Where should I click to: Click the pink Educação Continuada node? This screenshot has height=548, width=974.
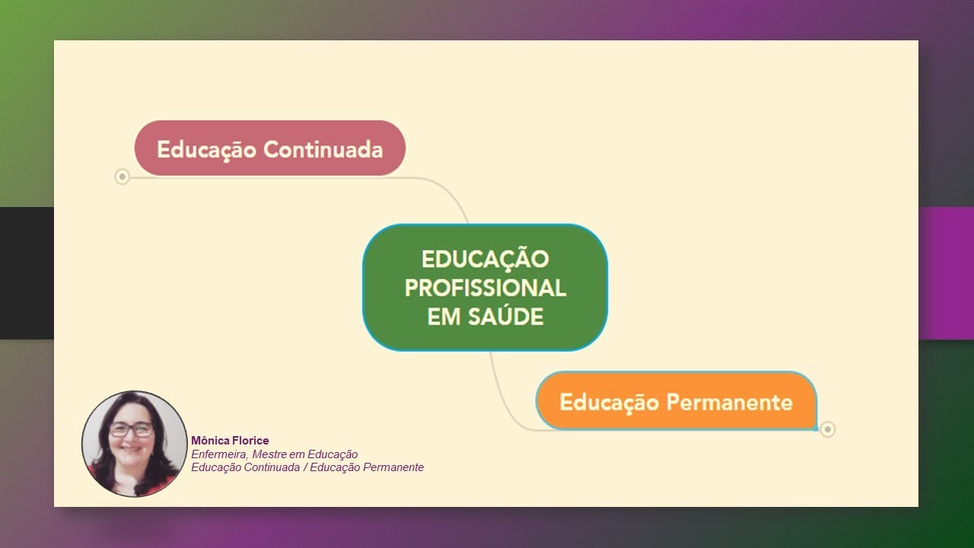(x=269, y=148)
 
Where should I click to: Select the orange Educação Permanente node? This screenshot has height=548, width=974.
(x=676, y=401)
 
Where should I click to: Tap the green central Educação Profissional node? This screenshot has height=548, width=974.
(x=485, y=288)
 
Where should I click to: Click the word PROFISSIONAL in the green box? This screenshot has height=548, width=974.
(x=485, y=288)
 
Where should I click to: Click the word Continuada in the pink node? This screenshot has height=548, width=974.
(x=323, y=149)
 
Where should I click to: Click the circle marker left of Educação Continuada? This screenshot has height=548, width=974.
(x=122, y=177)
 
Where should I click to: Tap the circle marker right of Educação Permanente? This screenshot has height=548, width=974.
(x=828, y=429)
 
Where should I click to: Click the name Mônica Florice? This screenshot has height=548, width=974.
(x=230, y=441)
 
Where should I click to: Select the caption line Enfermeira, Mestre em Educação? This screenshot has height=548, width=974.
(x=274, y=454)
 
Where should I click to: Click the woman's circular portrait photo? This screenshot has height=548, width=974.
(x=134, y=444)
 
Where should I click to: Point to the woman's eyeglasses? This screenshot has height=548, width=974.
(x=131, y=429)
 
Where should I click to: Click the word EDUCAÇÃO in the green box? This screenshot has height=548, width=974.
(x=485, y=259)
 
